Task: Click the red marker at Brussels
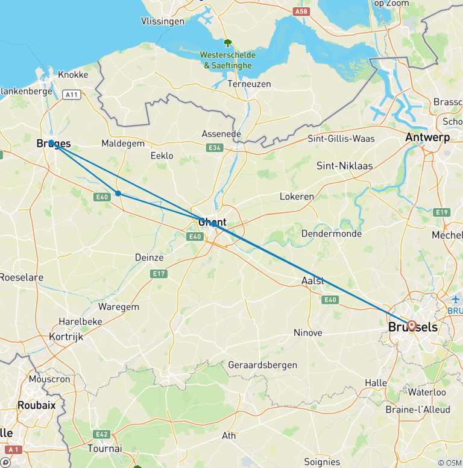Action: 411,326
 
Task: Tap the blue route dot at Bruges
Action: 52,144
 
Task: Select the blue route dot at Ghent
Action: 214,223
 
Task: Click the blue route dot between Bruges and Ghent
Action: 118,194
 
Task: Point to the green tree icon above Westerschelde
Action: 228,43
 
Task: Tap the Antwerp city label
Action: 427,138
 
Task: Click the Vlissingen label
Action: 162,21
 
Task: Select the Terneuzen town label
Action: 249,84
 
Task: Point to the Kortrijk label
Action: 66,337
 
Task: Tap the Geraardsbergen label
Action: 262,365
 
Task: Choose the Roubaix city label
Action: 37,405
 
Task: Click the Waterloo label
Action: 427,393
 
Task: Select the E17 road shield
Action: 159,274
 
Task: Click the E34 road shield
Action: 214,148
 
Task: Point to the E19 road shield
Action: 441,212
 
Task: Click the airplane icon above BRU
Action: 455,299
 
